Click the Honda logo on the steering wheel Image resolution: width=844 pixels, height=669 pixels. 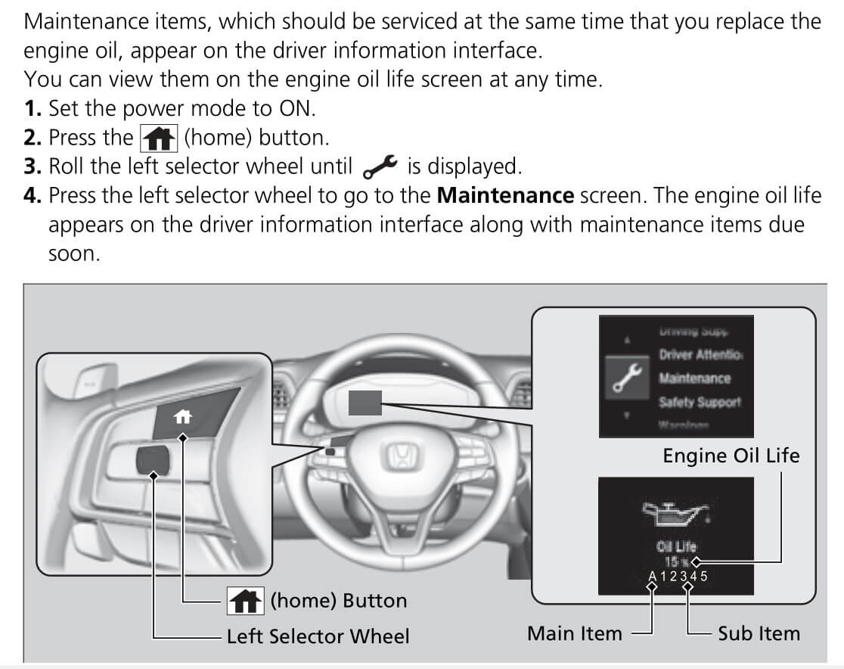click(x=399, y=456)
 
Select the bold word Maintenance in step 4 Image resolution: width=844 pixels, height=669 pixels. click(x=506, y=196)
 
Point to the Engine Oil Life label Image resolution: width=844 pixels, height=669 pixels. click(x=731, y=456)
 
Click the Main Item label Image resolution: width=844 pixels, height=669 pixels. click(x=575, y=633)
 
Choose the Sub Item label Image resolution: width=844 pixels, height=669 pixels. click(x=759, y=633)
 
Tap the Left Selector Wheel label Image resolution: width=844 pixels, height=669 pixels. click(x=318, y=636)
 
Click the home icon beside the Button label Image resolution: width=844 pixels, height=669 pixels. click(x=245, y=601)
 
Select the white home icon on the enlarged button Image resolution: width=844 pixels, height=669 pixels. click(x=182, y=415)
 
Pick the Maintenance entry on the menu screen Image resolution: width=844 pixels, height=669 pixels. click(x=694, y=378)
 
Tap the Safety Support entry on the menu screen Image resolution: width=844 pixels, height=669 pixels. click(x=700, y=402)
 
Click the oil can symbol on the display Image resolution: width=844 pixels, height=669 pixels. click(x=673, y=515)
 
